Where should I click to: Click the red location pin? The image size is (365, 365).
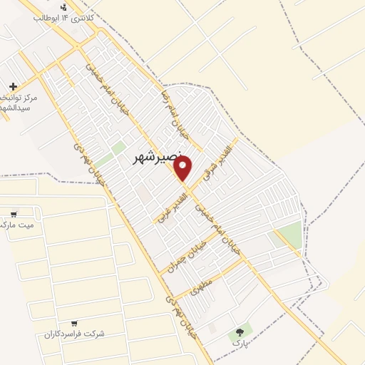tap(182, 168)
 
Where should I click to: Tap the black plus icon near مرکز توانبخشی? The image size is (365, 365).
tap(13, 86)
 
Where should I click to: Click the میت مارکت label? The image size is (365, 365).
tap(18, 225)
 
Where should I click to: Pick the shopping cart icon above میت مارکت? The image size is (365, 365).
tap(14, 214)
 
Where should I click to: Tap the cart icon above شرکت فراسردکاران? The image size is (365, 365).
tap(74, 323)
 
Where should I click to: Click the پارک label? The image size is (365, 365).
tap(239, 343)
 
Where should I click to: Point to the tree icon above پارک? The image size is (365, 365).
tap(240, 331)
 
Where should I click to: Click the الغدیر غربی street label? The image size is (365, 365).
tap(172, 207)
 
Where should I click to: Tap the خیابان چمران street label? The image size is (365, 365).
tap(187, 255)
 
